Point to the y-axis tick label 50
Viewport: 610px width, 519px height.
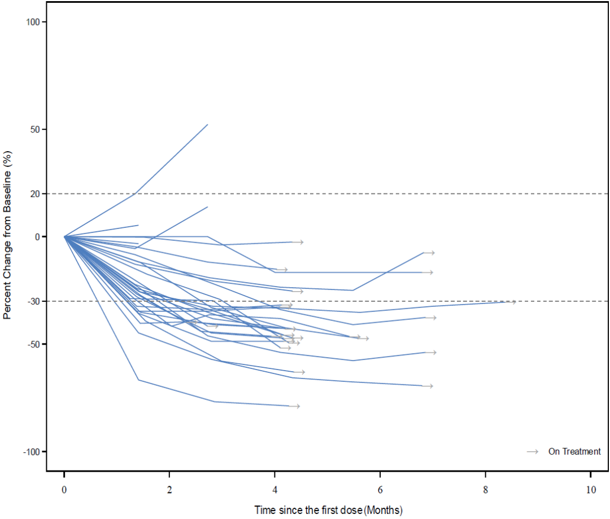pos(34,129)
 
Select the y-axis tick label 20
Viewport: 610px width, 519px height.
pos(34,193)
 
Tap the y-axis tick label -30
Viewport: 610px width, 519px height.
pos(32,301)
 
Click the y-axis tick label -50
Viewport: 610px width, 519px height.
pos(32,344)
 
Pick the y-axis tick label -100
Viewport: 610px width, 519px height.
pos(30,451)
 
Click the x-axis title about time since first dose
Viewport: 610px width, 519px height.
pos(328,511)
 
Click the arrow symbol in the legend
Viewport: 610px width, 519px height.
pos(532,451)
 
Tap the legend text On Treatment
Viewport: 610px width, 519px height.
pos(574,451)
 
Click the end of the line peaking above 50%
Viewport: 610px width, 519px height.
pos(207,125)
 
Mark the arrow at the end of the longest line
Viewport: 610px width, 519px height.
pos(511,302)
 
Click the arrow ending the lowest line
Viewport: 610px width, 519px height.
pos(295,406)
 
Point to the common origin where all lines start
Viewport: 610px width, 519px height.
pos(64,236)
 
